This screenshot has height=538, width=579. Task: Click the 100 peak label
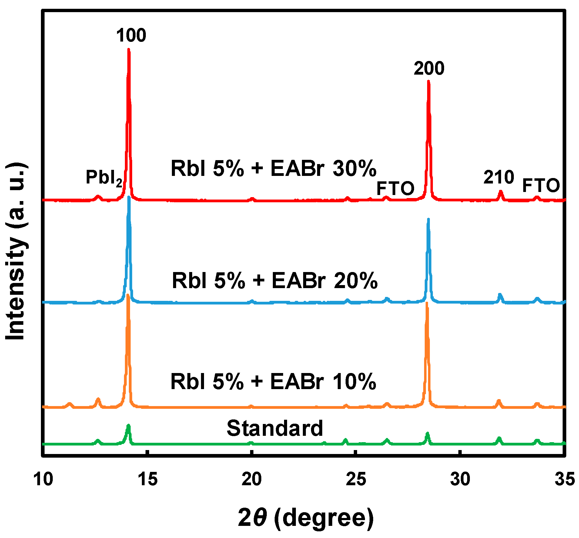pyautogui.click(x=131, y=35)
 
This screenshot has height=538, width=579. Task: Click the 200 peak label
pyautogui.click(x=429, y=68)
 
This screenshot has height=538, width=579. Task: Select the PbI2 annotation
pyautogui.click(x=104, y=177)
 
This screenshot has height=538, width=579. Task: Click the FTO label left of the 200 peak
pyautogui.click(x=395, y=188)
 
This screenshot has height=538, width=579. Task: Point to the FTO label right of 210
pyautogui.click(x=541, y=185)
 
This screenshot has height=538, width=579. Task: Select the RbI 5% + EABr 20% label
pyautogui.click(x=275, y=281)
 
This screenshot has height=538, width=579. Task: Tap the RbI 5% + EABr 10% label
pyautogui.click(x=273, y=381)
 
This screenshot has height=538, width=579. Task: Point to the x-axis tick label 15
pyautogui.click(x=147, y=479)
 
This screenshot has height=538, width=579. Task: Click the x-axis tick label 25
pyautogui.click(x=356, y=479)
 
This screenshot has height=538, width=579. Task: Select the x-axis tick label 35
pyautogui.click(x=564, y=479)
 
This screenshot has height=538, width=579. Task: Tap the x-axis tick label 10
pyautogui.click(x=43, y=479)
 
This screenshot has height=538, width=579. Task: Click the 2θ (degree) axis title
pyautogui.click(x=306, y=517)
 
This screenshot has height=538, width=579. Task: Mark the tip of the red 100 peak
pyautogui.click(x=129, y=49)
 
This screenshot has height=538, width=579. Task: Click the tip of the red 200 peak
pyautogui.click(x=428, y=81)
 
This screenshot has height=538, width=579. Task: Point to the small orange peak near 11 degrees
pyautogui.click(x=69, y=404)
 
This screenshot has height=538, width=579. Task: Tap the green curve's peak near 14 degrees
pyautogui.click(x=128, y=425)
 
